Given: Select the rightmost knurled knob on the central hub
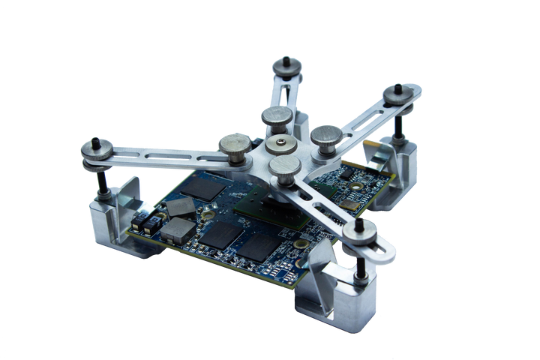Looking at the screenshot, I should pyautogui.click(x=325, y=136).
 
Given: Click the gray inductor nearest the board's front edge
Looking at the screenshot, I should pyautogui.click(x=178, y=229).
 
